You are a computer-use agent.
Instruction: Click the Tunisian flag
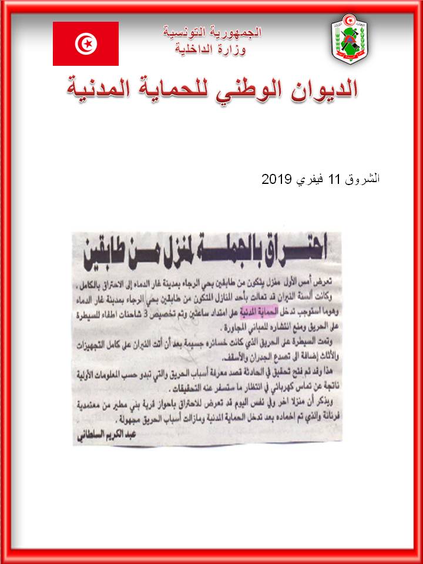point(86,43)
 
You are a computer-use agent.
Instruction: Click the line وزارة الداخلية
point(212,49)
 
